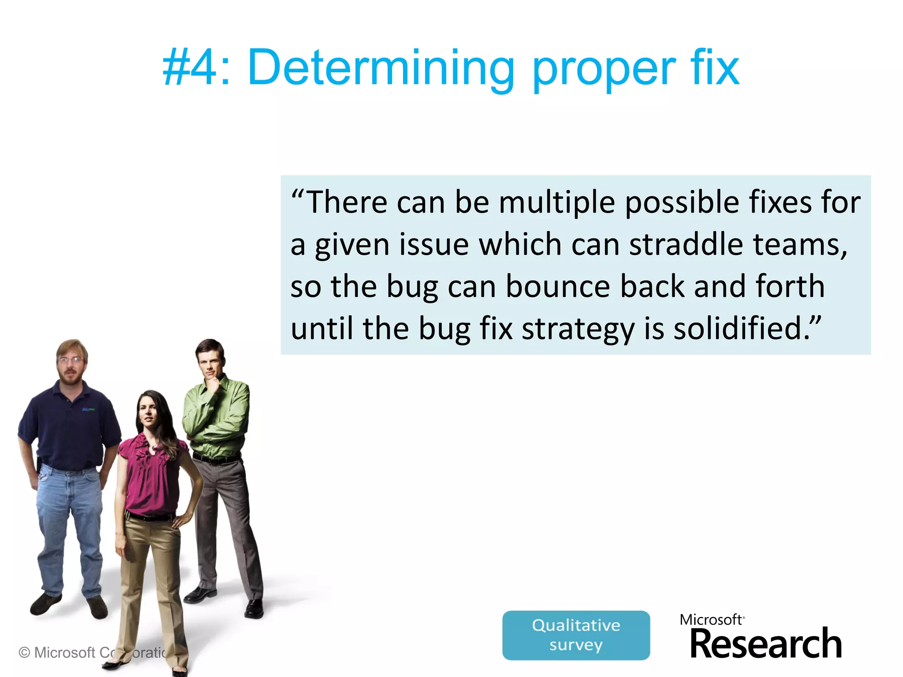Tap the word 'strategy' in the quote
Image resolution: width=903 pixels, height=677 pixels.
578,330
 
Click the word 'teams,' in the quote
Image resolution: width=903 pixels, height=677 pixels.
800,245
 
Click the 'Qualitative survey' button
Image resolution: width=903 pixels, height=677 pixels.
576,635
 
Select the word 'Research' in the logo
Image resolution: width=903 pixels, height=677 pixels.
765,644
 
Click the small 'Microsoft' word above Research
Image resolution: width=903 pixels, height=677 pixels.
711,620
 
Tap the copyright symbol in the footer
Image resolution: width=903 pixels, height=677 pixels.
25,652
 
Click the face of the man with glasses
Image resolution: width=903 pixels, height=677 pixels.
71,364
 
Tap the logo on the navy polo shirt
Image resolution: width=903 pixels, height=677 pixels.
88,410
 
